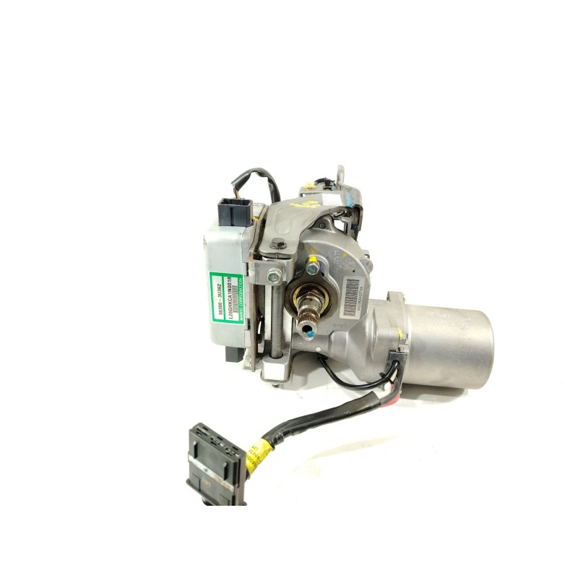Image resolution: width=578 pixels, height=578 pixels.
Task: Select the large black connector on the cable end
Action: [216, 463]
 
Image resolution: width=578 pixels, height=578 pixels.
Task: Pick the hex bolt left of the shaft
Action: [275, 275]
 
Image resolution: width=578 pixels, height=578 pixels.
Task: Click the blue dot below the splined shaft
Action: [308, 334]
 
